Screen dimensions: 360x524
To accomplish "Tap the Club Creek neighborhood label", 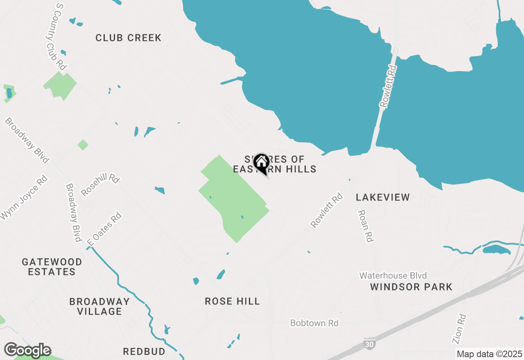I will point(129,38).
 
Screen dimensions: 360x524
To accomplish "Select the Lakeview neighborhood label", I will point(383,197).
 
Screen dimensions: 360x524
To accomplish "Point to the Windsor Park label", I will point(411,287).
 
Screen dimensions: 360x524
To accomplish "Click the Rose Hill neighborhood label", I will point(232,301).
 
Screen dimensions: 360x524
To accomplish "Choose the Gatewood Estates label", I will point(52,267).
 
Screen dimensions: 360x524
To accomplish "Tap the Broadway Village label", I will point(99,306).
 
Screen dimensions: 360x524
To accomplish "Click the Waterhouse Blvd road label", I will point(393,276).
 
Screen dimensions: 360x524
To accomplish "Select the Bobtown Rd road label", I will point(314,323).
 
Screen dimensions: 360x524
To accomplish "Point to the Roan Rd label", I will point(366,226).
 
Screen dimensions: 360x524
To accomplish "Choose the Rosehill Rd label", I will point(100,185).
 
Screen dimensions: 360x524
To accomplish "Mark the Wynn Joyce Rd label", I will point(24,198).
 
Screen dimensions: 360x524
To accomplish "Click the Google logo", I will point(27,350).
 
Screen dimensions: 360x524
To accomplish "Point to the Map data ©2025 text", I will point(490,354).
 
